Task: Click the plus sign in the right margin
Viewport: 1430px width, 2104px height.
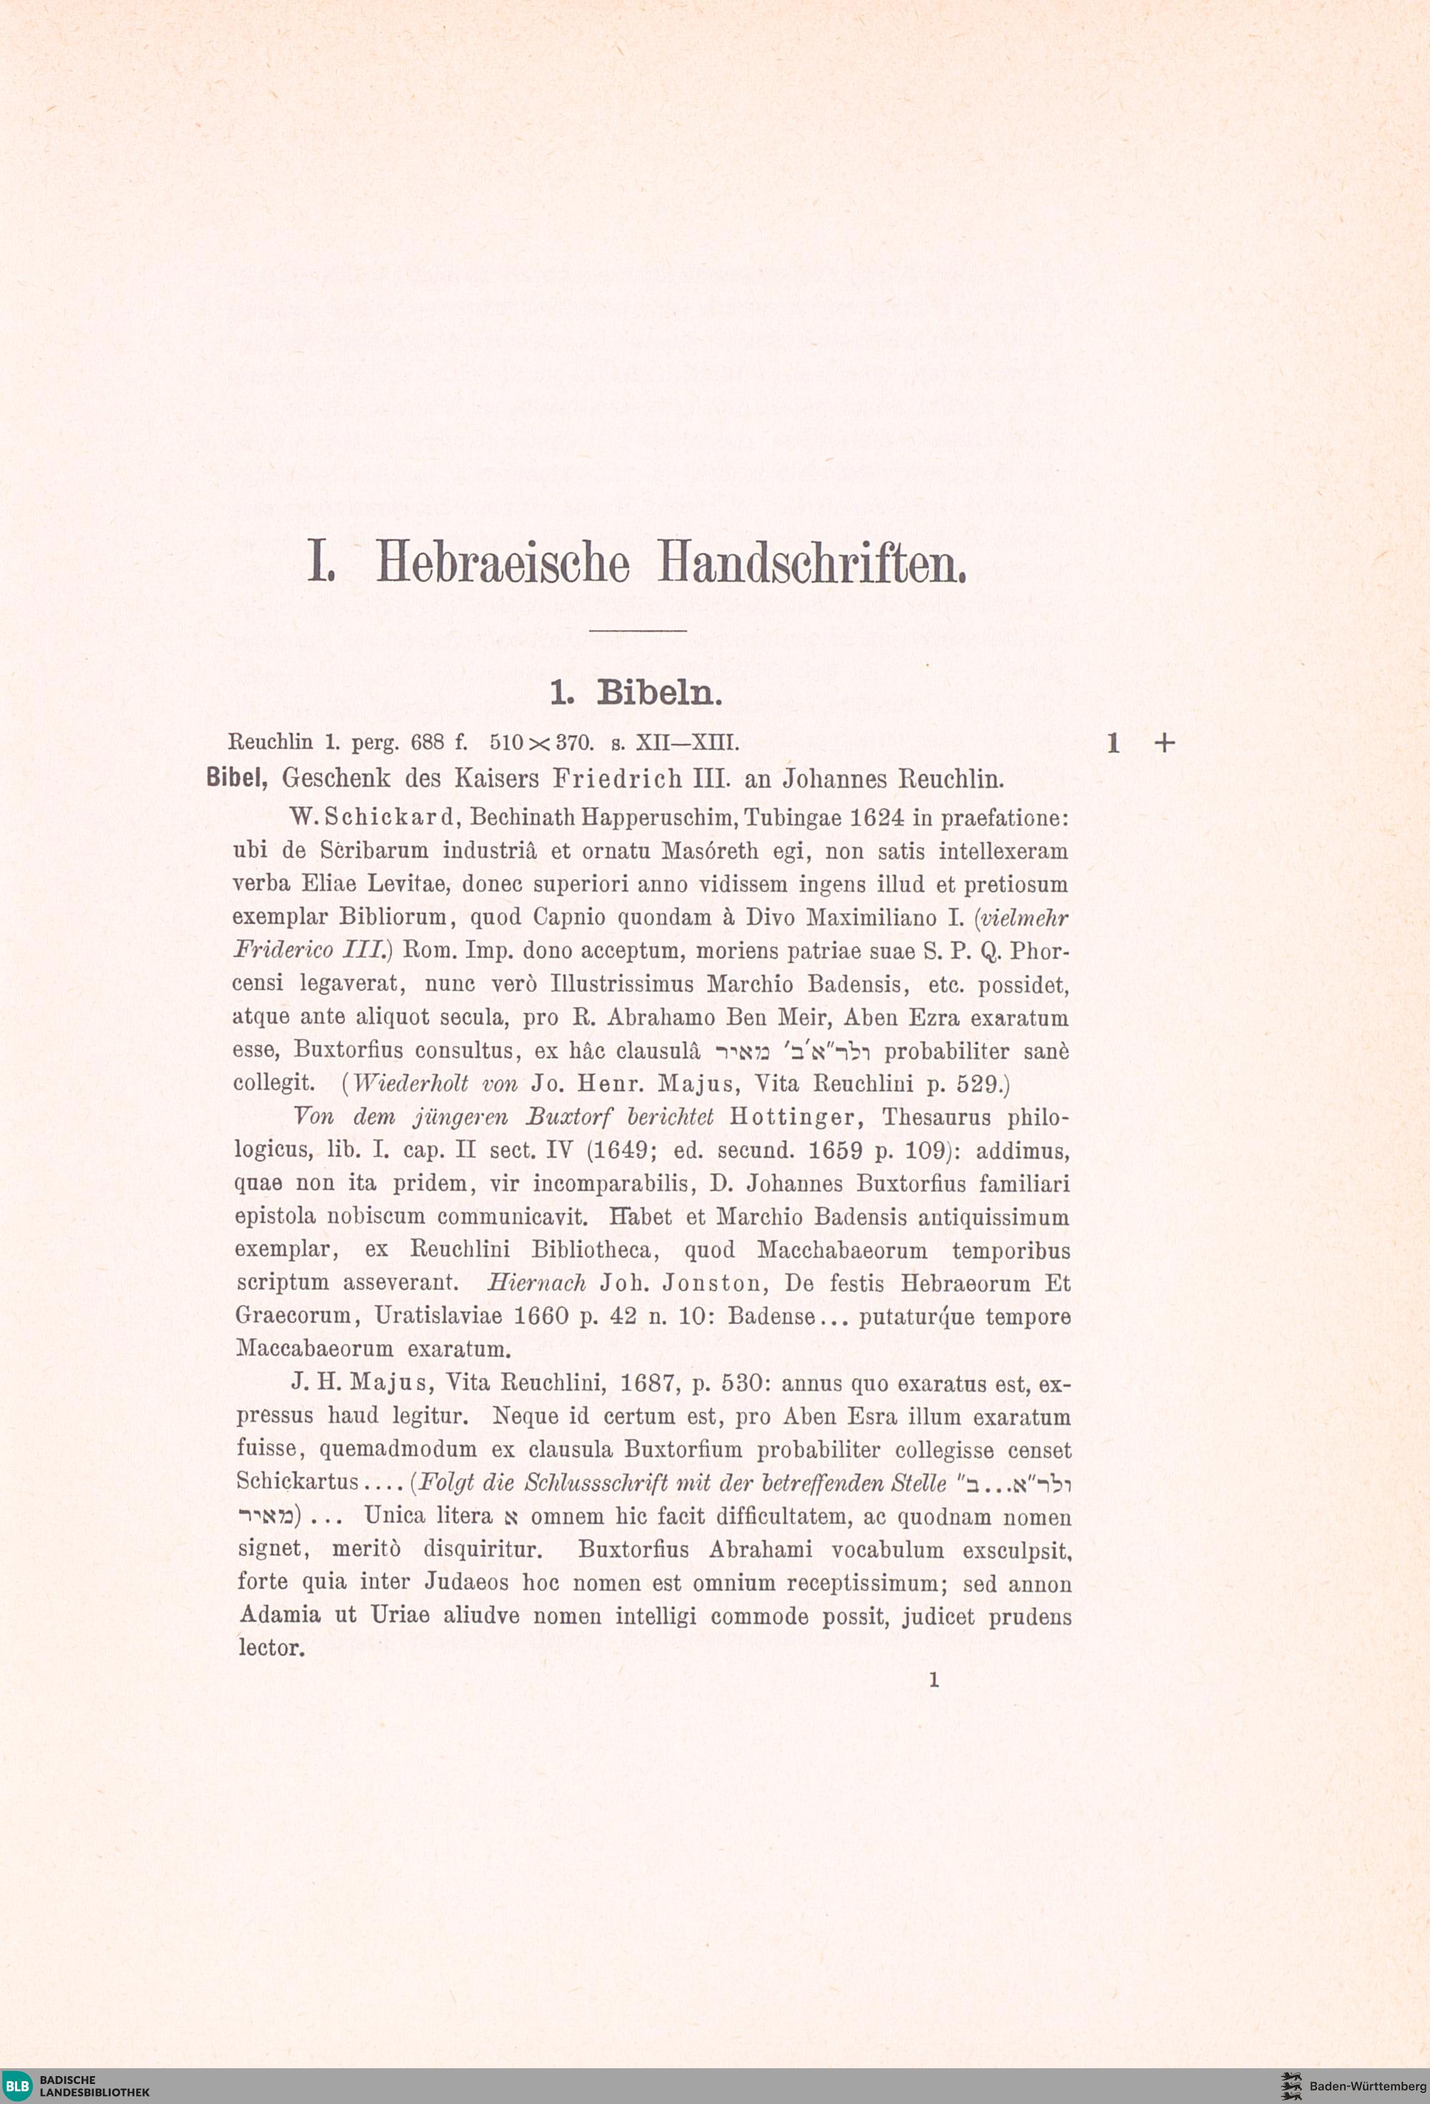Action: pyautogui.click(x=1165, y=743)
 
